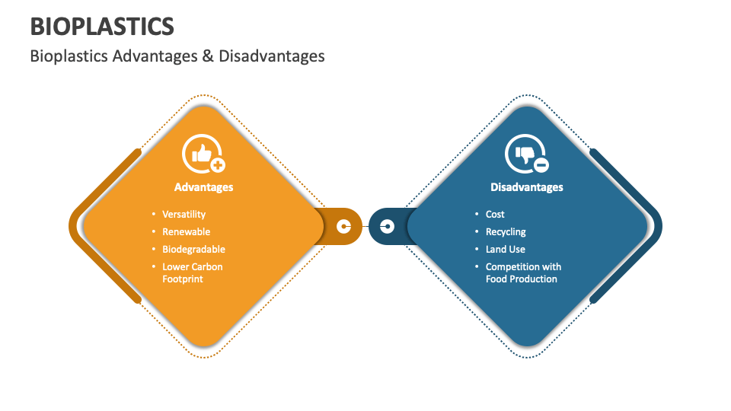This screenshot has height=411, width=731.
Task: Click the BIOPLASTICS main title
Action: pos(102,26)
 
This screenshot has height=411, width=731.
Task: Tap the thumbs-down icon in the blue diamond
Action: pos(525,154)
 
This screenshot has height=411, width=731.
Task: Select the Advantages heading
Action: pos(203,187)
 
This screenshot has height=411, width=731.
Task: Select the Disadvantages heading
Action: pos(526,187)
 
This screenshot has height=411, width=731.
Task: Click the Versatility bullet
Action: pos(184,215)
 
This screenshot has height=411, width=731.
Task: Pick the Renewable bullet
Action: pos(186,232)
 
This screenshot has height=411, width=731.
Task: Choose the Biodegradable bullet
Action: pos(193,250)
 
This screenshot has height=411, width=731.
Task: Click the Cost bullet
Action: pos(495,215)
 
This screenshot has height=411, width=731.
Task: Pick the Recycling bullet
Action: pos(506,232)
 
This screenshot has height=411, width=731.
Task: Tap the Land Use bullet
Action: pos(506,250)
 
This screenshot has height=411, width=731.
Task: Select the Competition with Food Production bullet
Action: pos(522,272)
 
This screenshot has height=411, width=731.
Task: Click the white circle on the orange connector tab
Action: pos(344,226)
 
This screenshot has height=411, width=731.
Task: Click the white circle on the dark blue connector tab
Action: pos(387,226)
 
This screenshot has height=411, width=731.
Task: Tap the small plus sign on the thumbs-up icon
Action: pos(218,165)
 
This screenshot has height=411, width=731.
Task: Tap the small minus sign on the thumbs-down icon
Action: pos(541,165)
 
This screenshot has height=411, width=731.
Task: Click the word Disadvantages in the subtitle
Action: pos(271,56)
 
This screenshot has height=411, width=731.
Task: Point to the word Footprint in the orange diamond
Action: pos(183,279)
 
